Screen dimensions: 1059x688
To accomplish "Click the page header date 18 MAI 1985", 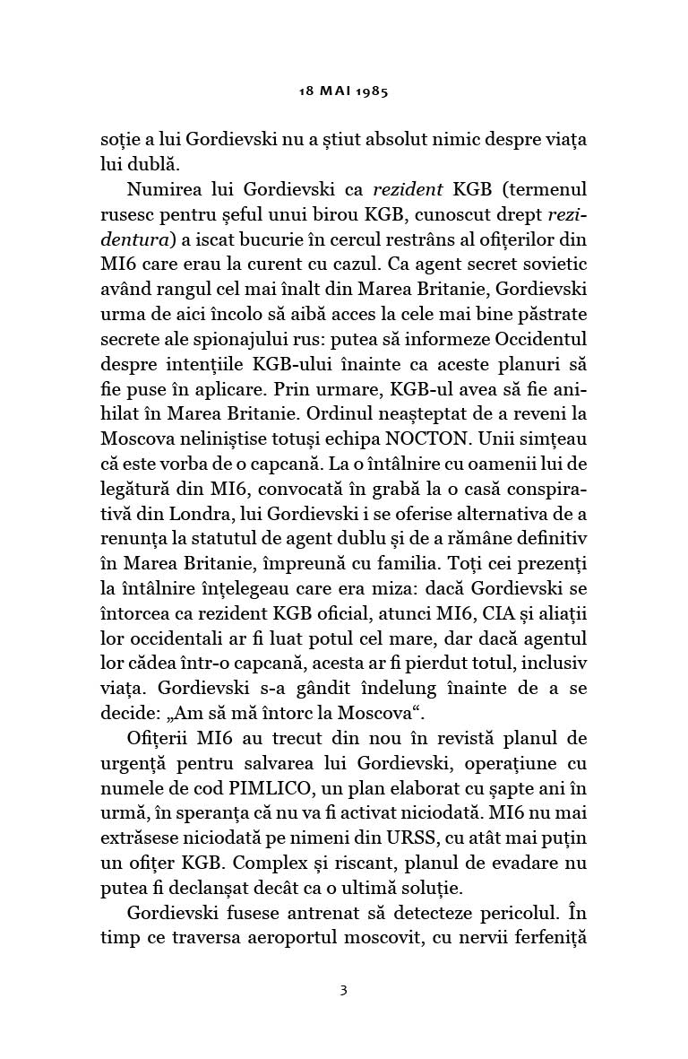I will tap(343, 91).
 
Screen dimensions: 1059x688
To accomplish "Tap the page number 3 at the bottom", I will tap(343, 966).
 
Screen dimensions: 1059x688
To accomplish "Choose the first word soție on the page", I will tap(118, 141).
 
